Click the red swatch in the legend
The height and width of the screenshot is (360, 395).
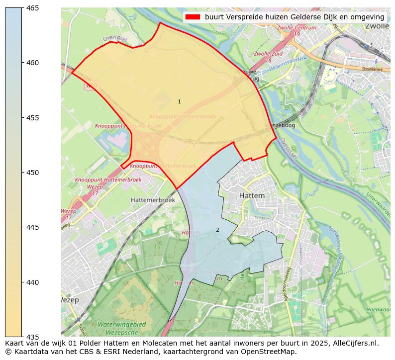click(193, 17)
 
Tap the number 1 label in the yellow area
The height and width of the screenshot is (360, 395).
click(179, 101)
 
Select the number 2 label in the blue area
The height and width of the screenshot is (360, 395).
click(217, 230)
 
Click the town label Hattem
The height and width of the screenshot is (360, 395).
click(252, 196)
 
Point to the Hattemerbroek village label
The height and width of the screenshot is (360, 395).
click(153, 199)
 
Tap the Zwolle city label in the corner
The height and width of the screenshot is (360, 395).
click(377, 26)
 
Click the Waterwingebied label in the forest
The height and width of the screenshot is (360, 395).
click(121, 324)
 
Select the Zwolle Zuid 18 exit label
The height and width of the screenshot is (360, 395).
click(269, 56)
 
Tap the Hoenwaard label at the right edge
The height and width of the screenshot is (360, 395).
click(378, 309)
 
